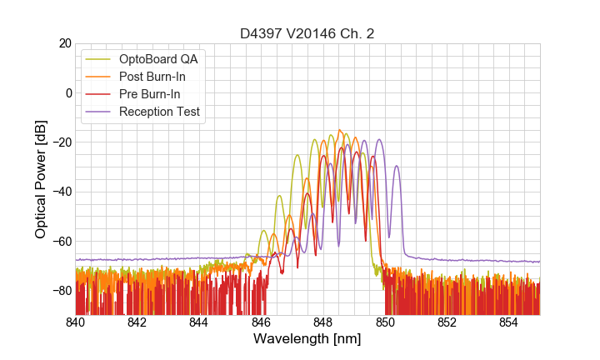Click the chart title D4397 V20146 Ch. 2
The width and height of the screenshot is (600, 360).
pos(307,33)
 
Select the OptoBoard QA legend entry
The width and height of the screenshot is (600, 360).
pos(158,59)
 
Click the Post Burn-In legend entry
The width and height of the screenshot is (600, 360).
pos(152,77)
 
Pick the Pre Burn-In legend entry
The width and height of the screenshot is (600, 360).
pos(149,94)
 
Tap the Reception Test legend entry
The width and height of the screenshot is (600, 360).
pos(159,112)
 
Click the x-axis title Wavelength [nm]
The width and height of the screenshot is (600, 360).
pos(307,339)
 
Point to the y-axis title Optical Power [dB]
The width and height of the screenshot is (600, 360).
pos(41,178)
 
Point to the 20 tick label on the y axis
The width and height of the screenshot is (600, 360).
pos(64,43)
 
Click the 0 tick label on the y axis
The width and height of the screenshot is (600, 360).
pos(68,92)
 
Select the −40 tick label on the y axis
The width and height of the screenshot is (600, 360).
pos(61,192)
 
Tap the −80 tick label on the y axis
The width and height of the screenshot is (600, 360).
pos(61,291)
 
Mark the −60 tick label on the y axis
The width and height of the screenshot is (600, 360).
pos(61,242)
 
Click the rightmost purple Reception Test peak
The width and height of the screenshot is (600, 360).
pos(397,166)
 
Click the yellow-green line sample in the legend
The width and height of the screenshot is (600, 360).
pos(99,59)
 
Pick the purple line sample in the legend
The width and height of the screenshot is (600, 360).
pos(99,112)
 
